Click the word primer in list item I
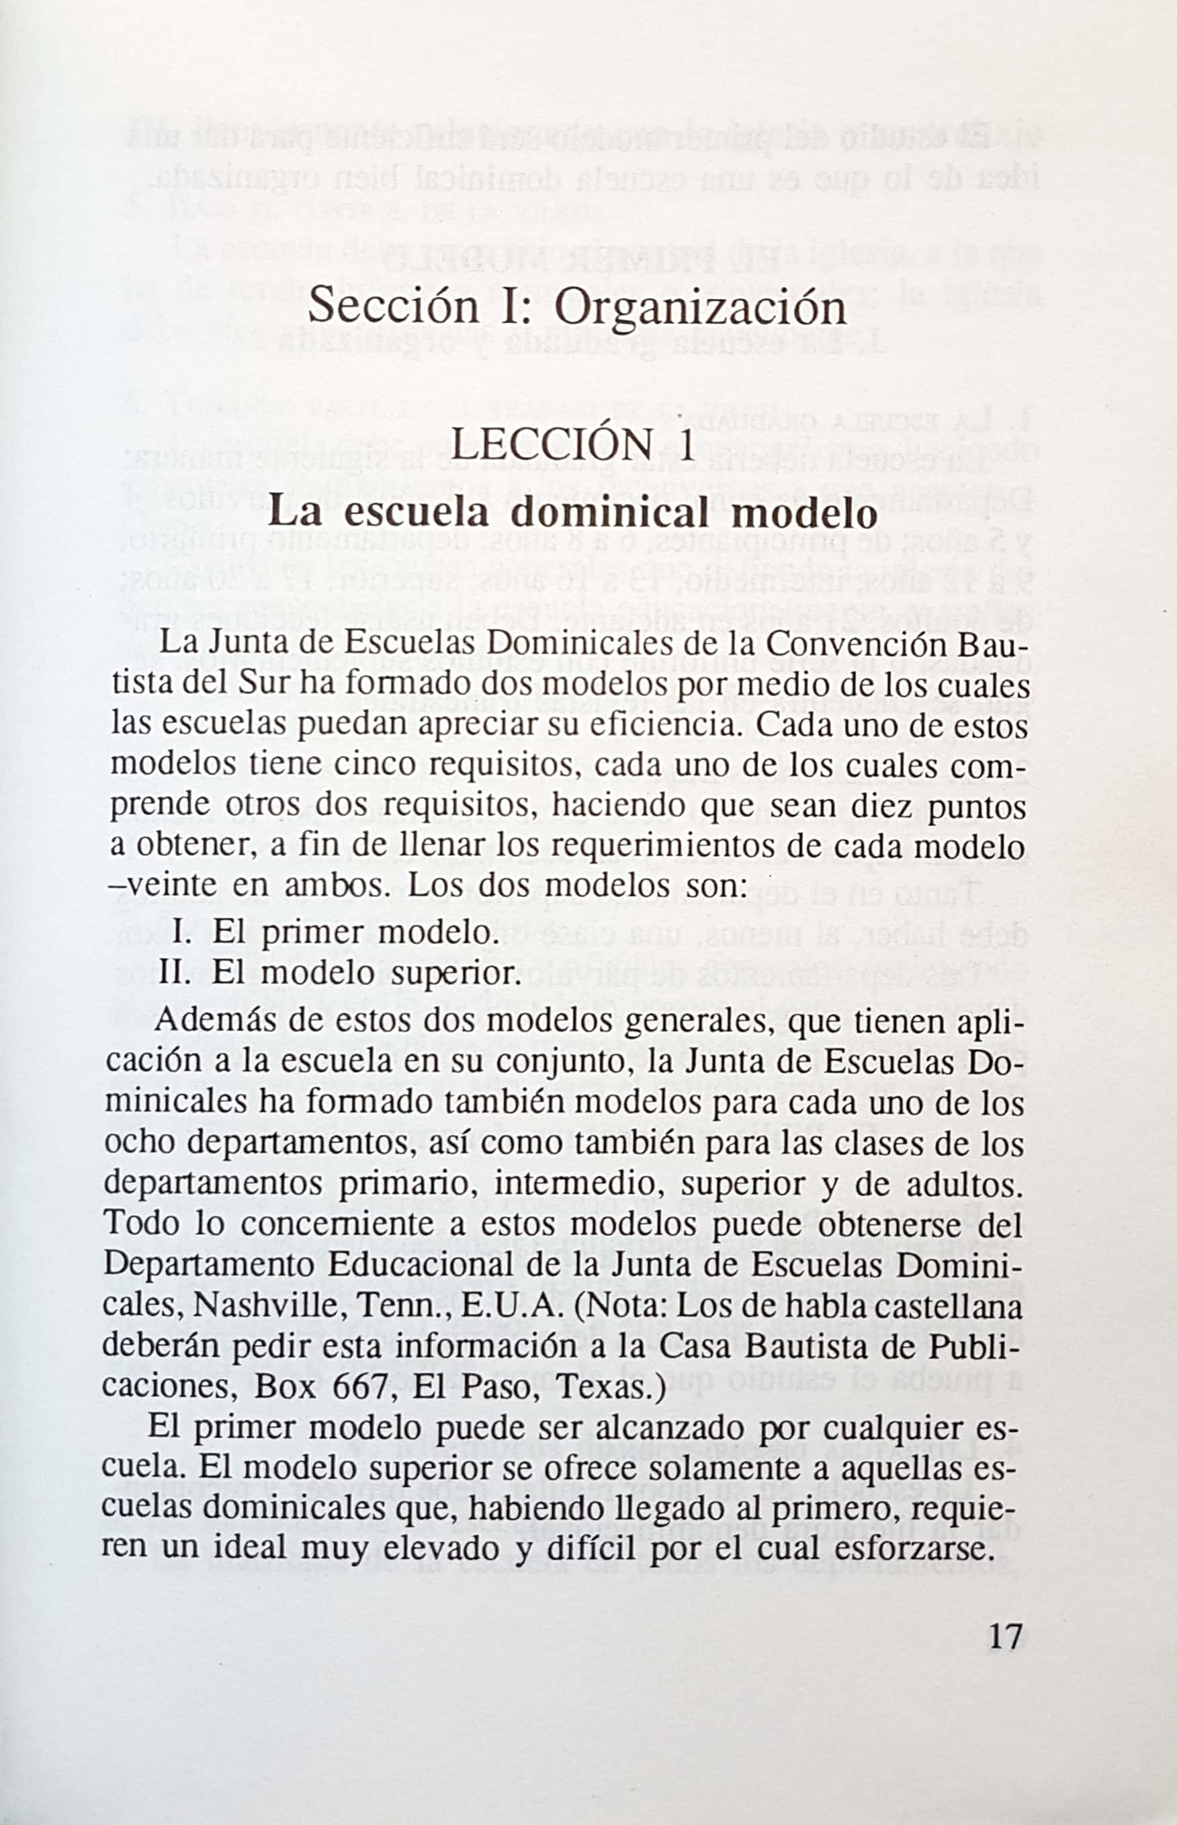coord(315,933)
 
